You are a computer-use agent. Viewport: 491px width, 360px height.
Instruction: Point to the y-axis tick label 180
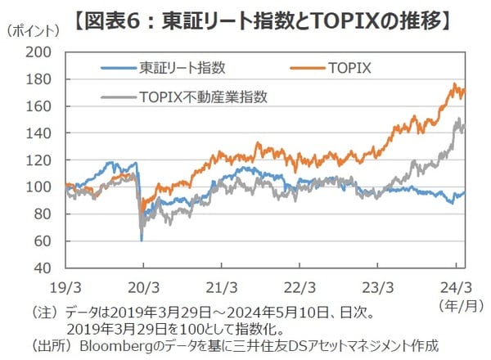point(40,79)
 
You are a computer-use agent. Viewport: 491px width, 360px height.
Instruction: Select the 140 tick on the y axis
point(40,133)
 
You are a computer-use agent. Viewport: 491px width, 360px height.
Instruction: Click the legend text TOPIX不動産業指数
point(204,95)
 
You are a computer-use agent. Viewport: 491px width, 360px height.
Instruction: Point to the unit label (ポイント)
point(34,31)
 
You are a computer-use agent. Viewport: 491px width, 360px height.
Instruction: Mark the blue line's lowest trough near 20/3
point(142,240)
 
